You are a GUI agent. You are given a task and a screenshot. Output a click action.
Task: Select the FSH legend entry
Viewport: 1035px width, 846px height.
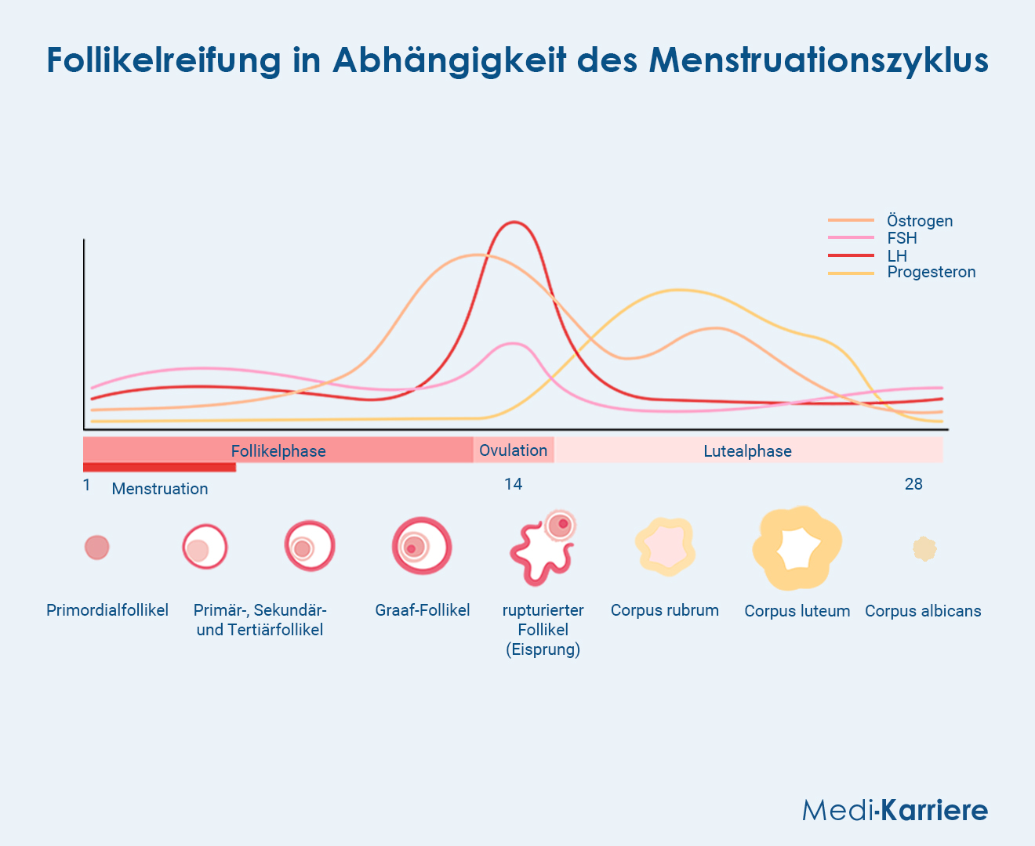(902, 238)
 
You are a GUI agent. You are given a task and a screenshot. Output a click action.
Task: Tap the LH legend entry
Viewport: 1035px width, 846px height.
(897, 255)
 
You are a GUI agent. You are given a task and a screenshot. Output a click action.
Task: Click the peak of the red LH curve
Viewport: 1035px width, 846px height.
(514, 222)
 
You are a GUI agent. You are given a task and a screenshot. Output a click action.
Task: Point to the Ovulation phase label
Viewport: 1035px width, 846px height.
(513, 450)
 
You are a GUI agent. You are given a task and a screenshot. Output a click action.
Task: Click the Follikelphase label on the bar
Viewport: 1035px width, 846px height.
(278, 451)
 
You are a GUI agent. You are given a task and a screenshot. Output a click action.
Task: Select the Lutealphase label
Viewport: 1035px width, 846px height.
(747, 451)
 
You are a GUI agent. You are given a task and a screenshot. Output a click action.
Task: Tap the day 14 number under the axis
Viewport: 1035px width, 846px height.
(513, 484)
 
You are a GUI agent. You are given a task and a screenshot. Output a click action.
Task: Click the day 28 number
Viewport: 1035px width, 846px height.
(913, 484)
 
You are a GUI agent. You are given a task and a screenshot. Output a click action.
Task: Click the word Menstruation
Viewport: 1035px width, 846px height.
(160, 489)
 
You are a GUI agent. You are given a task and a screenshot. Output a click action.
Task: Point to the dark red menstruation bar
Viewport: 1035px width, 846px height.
(159, 468)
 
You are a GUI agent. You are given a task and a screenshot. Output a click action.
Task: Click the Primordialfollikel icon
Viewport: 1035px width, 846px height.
(97, 548)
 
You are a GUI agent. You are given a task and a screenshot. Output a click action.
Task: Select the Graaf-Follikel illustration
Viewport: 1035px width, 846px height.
(422, 546)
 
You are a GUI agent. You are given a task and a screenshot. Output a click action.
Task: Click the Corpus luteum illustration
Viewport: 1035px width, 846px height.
(797, 548)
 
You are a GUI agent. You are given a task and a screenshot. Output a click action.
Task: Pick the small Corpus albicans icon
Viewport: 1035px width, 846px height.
(924, 549)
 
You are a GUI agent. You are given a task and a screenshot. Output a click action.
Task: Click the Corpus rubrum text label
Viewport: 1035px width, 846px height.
(665, 610)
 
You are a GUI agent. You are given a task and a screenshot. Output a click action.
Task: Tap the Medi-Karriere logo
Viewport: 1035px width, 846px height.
(895, 810)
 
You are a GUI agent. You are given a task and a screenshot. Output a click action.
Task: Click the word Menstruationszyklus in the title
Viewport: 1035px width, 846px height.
(819, 60)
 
